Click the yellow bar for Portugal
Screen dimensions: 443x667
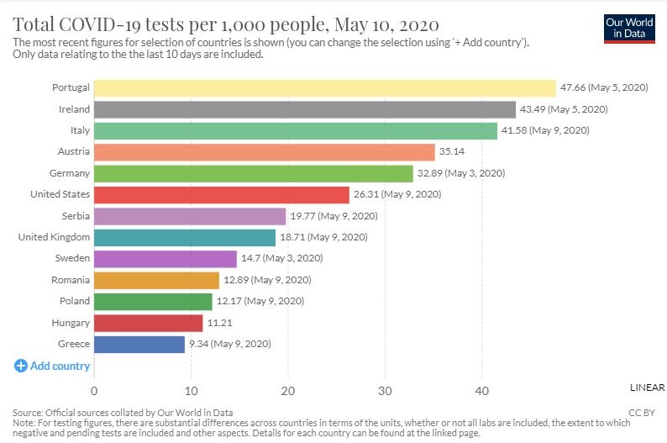(324, 87)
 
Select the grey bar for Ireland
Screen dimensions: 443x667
(304, 109)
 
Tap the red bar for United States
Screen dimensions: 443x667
(221, 194)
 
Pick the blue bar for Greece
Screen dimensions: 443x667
(139, 345)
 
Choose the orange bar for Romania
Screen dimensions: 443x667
(156, 280)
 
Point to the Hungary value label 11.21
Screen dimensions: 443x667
(219, 323)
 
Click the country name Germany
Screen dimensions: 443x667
(71, 173)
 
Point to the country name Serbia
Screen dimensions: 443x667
(76, 216)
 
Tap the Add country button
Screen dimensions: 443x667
(52, 366)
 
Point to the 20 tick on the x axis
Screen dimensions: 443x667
(287, 391)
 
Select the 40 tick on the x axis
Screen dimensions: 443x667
(481, 391)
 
